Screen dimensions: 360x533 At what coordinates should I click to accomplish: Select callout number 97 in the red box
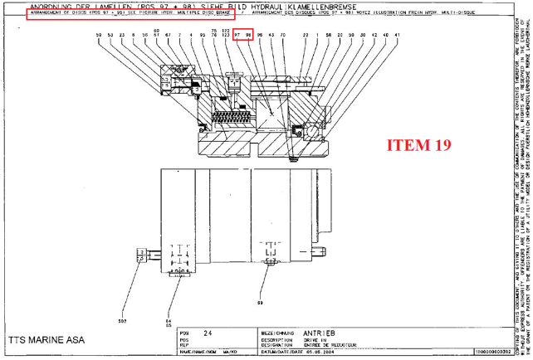(x=237, y=35)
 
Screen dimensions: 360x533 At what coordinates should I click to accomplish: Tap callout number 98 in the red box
(x=248, y=35)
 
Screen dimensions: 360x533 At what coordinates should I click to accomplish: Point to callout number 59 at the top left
(x=99, y=35)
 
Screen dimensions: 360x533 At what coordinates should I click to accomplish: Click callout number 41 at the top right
(x=398, y=35)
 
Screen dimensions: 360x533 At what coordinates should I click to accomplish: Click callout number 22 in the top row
(x=306, y=35)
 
